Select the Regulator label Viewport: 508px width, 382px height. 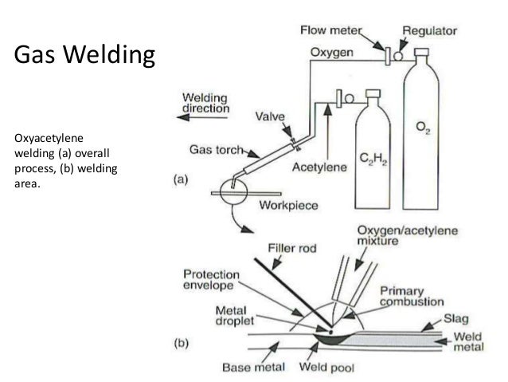pos(429,31)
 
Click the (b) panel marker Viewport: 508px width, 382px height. pos(183,344)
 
